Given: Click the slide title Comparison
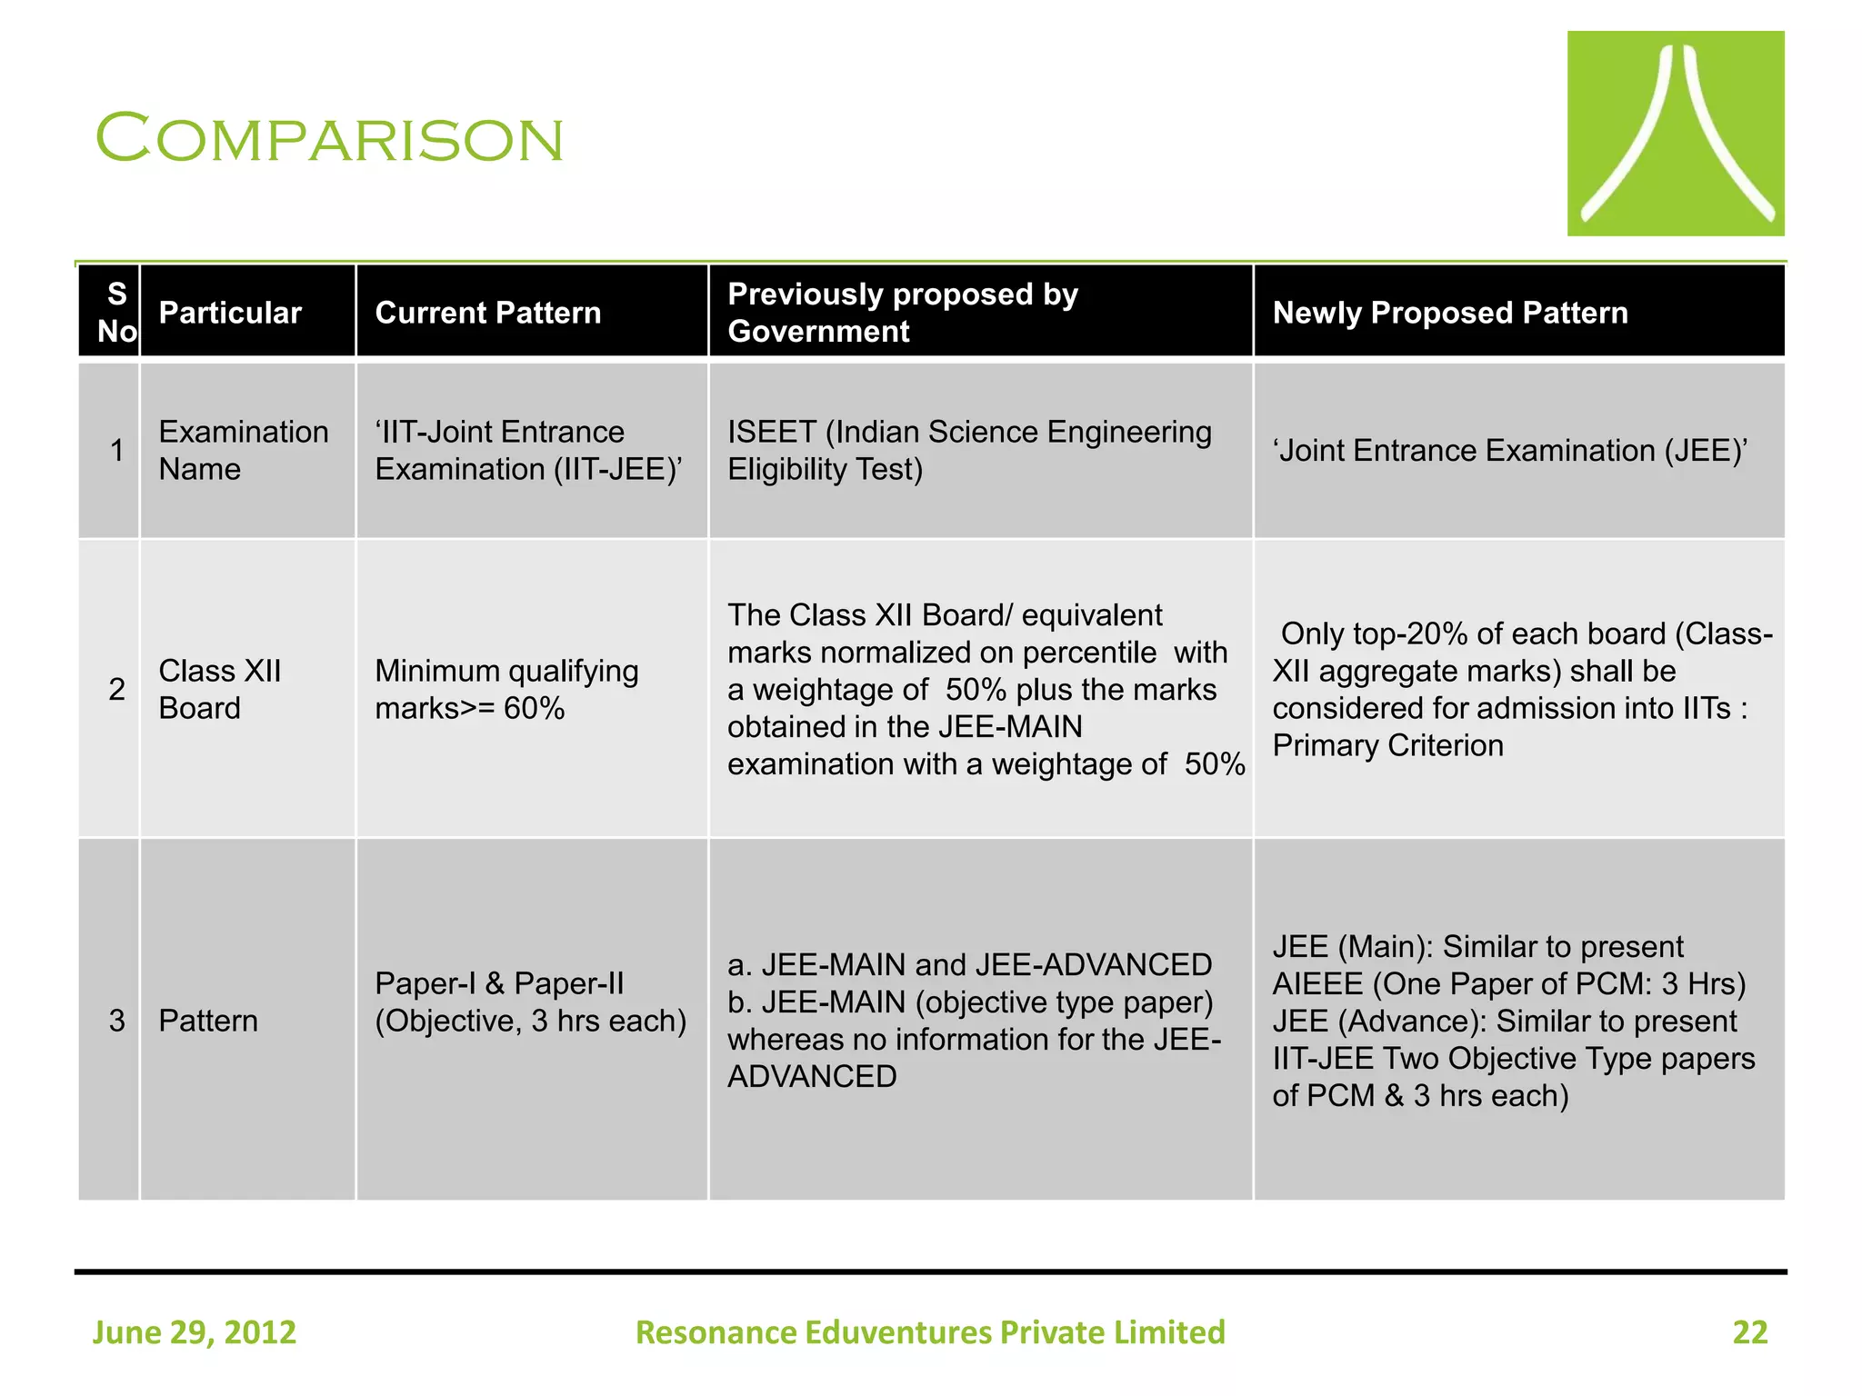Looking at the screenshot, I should (x=329, y=138).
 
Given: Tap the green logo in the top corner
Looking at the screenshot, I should (x=1675, y=134).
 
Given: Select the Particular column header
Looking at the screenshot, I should (x=229, y=313).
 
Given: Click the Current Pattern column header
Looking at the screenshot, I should (x=487, y=313).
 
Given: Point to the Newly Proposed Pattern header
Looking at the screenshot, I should (x=1449, y=313).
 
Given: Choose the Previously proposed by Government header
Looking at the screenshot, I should (x=902, y=313).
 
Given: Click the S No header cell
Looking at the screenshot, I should (x=116, y=312).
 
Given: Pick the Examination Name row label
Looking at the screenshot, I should (x=243, y=450).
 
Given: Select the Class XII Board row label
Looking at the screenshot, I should (x=219, y=689).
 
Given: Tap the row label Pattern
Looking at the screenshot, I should (x=208, y=1021).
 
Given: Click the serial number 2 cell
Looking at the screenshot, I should (x=116, y=689).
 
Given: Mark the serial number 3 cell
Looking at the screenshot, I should (x=116, y=1021).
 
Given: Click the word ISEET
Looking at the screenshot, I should (x=771, y=432).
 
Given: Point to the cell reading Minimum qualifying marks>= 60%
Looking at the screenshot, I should (x=506, y=689).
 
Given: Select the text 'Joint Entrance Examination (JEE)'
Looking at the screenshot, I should (x=1509, y=451).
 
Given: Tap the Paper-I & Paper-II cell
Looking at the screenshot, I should (x=530, y=1002).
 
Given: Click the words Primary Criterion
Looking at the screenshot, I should (x=1387, y=745).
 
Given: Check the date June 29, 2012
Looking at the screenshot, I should (x=195, y=1332).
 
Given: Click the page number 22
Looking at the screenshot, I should (x=1749, y=1332).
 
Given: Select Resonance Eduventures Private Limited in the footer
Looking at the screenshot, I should (x=930, y=1332).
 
